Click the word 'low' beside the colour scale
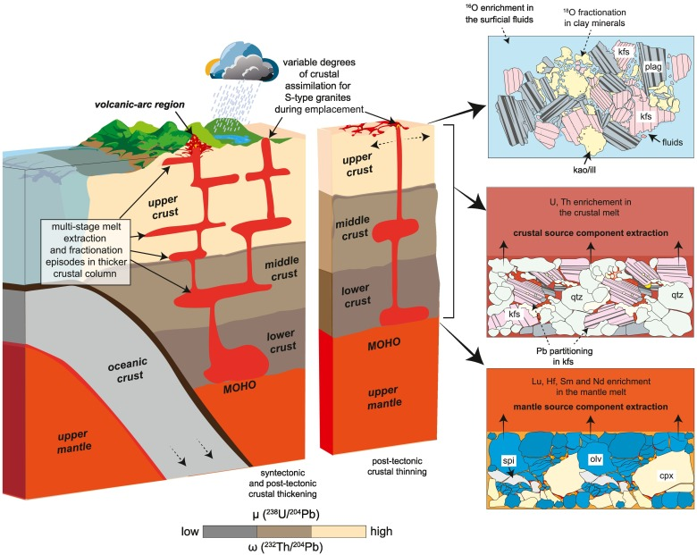tap(190, 531)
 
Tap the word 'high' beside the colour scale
tap(381, 531)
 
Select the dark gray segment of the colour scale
tap(230, 531)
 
